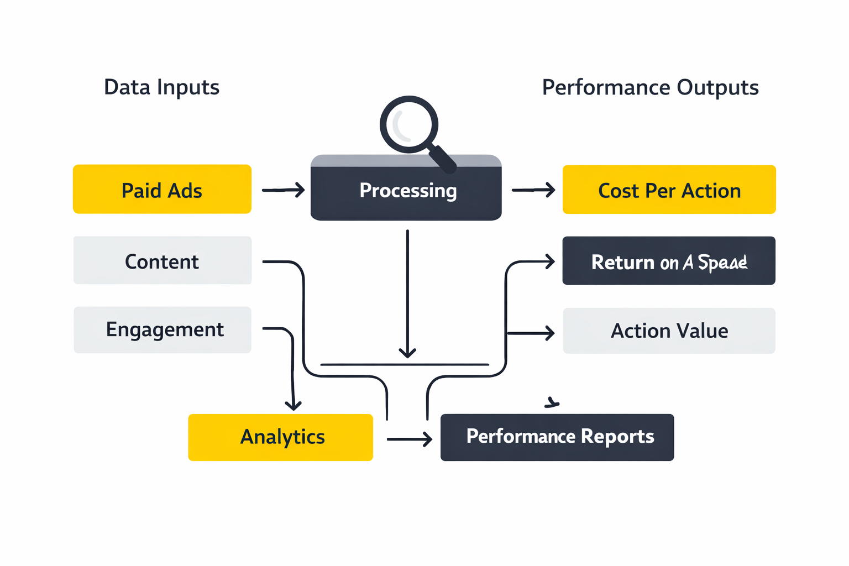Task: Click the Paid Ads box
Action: [162, 189]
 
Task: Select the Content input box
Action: [162, 260]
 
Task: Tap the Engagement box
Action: [162, 330]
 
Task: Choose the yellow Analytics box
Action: [280, 437]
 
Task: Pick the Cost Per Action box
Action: [669, 190]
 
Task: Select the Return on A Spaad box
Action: [669, 261]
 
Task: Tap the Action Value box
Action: [669, 331]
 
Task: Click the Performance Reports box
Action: [557, 437]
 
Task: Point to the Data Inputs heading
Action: [161, 87]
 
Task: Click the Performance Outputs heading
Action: [650, 87]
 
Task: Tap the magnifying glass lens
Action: [409, 124]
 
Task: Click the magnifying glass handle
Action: [443, 159]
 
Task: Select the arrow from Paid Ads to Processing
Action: [283, 190]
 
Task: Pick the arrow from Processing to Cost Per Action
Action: [533, 190]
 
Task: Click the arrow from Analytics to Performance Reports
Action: [409, 439]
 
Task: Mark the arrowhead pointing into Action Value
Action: [549, 333]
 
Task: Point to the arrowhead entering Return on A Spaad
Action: [549, 261]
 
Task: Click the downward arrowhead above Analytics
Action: [293, 405]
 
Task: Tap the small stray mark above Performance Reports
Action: [552, 403]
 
